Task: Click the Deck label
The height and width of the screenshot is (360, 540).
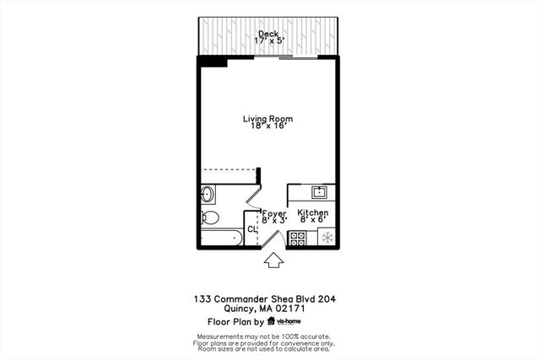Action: pyautogui.click(x=269, y=34)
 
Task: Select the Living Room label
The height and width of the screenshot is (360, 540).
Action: pyautogui.click(x=268, y=119)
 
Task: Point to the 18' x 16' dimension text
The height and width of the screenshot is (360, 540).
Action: pyautogui.click(x=268, y=128)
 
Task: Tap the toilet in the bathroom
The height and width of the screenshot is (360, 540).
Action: pyautogui.click(x=211, y=218)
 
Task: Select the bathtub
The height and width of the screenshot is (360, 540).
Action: pyautogui.click(x=222, y=238)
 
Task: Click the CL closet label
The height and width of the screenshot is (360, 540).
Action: pyautogui.click(x=251, y=229)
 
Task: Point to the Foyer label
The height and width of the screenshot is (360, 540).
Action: pyautogui.click(x=274, y=213)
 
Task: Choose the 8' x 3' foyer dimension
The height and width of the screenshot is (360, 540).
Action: pyautogui.click(x=274, y=221)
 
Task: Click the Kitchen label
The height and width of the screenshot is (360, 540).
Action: pyautogui.click(x=313, y=213)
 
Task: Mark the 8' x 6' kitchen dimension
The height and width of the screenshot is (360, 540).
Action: pyautogui.click(x=313, y=221)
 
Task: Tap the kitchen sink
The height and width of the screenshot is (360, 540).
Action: pyautogui.click(x=319, y=191)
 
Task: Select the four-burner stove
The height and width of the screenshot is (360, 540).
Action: pyautogui.click(x=297, y=238)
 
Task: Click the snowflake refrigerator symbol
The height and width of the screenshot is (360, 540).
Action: pyautogui.click(x=326, y=238)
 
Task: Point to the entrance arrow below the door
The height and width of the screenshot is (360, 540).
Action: pyautogui.click(x=273, y=261)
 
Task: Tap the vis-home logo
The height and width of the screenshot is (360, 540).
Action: pyautogui.click(x=284, y=321)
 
